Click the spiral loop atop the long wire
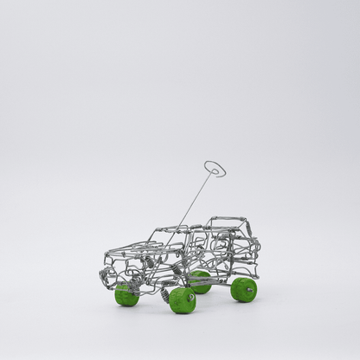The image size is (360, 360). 215,168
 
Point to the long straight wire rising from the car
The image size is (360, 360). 196,198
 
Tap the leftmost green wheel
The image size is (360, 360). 125,295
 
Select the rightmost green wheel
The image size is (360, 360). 244,289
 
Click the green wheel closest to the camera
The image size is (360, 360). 183,299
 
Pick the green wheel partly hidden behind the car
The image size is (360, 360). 200,280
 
